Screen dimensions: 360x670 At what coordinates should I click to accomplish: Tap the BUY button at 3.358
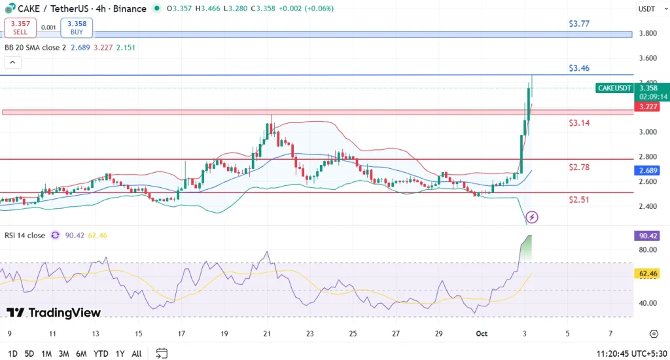pos(77,27)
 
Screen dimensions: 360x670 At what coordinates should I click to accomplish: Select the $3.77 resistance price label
pos(579,24)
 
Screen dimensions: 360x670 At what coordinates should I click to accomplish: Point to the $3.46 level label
pos(579,68)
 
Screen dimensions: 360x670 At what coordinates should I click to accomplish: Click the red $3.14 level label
pos(579,122)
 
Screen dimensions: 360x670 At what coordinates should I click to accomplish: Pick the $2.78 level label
pos(579,168)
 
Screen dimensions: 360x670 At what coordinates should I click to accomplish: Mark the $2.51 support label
pos(579,200)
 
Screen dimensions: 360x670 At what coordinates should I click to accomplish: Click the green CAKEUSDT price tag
pos(614,88)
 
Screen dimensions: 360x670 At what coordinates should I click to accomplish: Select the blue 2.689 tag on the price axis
pos(648,170)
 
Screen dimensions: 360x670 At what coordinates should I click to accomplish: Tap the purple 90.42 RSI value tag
pos(648,236)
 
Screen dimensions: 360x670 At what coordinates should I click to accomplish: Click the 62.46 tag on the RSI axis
pos(648,274)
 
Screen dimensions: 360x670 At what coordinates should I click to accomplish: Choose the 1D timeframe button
pos(12,353)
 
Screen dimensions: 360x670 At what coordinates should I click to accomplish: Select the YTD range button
pos(101,353)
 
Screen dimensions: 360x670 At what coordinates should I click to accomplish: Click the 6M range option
pos(81,353)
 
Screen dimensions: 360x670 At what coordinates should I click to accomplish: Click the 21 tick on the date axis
pos(267,334)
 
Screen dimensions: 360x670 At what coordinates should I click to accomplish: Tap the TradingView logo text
pos(54,313)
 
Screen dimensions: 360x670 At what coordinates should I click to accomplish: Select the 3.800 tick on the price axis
pos(648,33)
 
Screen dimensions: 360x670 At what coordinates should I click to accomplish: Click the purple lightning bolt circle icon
pos(533,217)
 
